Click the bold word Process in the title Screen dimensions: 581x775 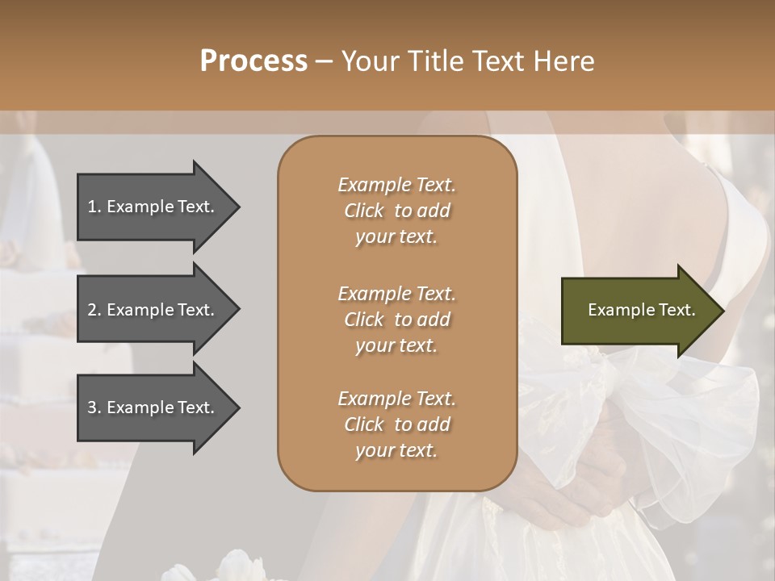coord(253,61)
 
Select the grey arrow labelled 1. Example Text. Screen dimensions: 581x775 coord(153,207)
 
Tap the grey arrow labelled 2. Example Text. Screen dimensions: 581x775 coord(153,310)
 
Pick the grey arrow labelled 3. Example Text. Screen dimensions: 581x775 coord(153,408)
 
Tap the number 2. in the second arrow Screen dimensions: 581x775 coord(94,310)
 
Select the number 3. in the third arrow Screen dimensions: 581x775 coord(94,408)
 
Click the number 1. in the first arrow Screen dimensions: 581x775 coord(94,207)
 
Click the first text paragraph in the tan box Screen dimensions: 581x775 coord(396,211)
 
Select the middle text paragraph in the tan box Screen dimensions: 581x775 coord(396,320)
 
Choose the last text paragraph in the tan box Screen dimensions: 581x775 coord(396,424)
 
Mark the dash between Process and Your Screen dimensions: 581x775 coord(325,61)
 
